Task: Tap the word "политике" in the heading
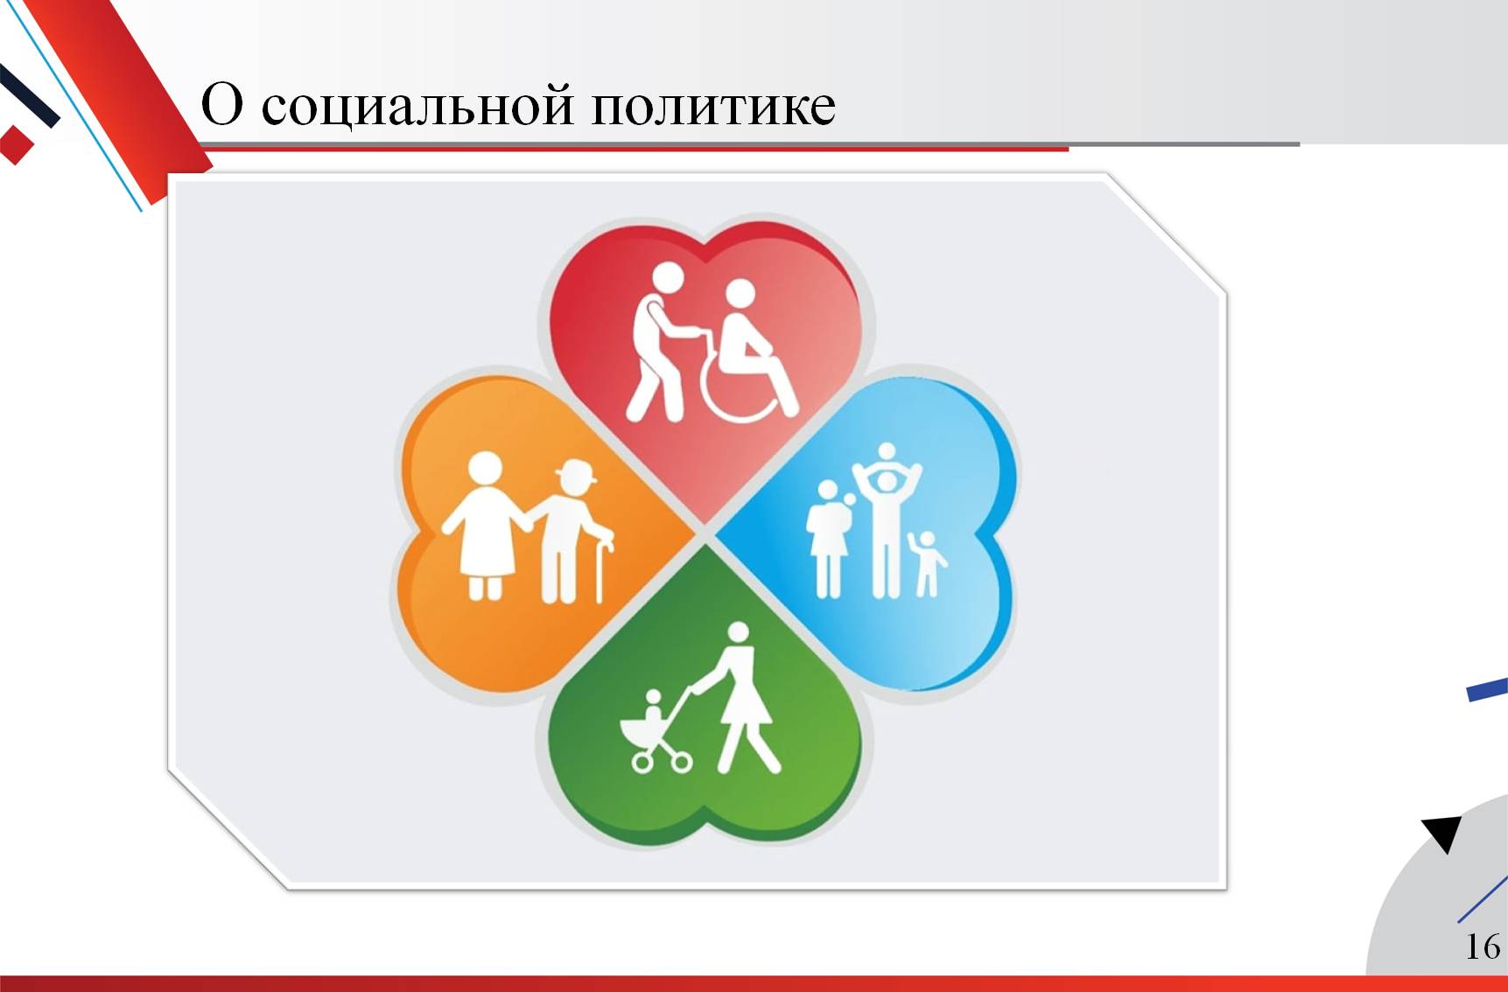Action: (x=713, y=106)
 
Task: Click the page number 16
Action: (x=1483, y=946)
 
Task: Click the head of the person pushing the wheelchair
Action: (x=669, y=279)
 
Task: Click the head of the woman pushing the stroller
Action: (x=739, y=632)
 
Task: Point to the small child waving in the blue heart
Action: (x=926, y=563)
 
